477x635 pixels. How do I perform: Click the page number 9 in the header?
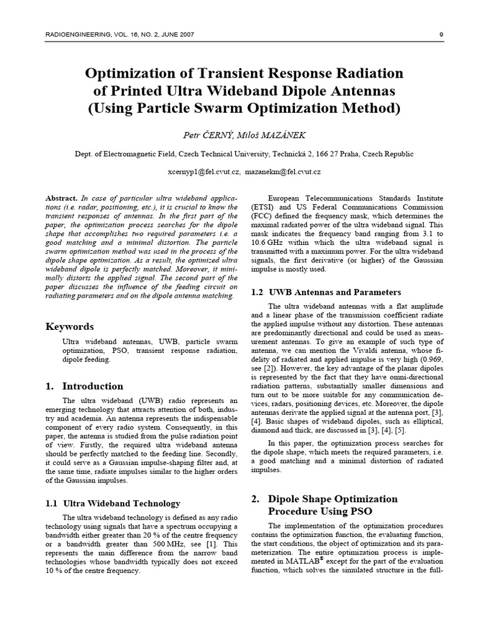click(x=440, y=35)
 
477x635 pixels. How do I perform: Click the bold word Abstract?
click(x=61, y=197)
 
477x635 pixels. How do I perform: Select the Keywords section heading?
click(x=70, y=326)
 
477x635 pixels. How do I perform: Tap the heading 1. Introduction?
click(x=84, y=386)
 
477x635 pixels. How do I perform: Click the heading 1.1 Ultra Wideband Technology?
click(x=113, y=503)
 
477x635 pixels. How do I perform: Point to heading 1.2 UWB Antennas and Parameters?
click(x=325, y=292)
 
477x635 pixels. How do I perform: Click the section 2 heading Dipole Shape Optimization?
click(x=332, y=499)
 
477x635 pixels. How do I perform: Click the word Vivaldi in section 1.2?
click(x=345, y=349)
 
